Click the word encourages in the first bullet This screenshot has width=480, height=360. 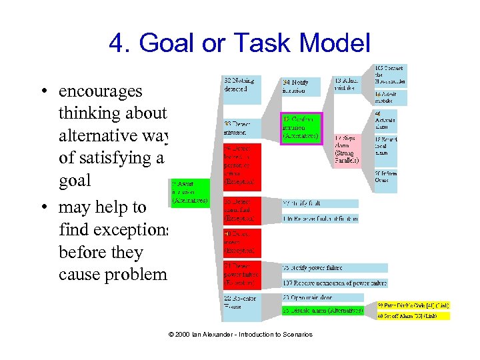[100, 91]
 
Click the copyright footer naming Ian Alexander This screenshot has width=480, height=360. [239, 334]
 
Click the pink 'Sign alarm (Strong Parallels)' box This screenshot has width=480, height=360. [347, 150]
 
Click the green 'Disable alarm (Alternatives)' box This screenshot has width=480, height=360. [323, 310]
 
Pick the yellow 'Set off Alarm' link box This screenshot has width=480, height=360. [413, 315]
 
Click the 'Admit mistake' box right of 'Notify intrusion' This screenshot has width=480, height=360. [347, 83]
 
